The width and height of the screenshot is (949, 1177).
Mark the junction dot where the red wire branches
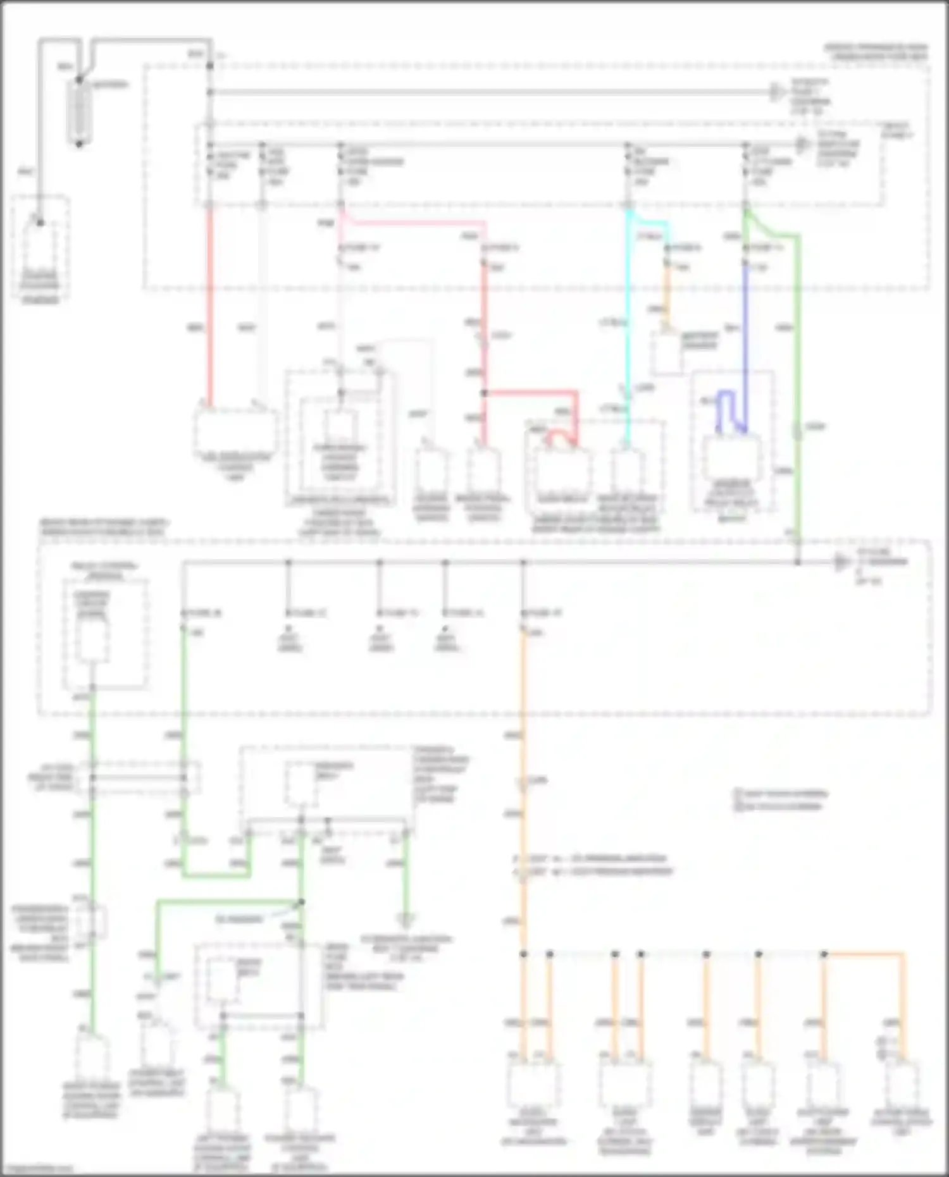tap(485, 393)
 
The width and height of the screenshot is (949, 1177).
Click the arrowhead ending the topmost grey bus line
tap(776, 92)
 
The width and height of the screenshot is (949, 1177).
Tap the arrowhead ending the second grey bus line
tap(802, 145)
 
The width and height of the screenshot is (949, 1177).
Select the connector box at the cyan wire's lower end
tap(627, 471)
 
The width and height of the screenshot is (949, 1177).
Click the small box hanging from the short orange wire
tap(667, 354)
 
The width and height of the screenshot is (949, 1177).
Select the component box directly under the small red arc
tap(562, 471)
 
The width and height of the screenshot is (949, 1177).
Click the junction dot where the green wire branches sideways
tap(302, 902)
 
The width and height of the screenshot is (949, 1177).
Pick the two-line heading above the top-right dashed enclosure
tap(876, 52)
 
